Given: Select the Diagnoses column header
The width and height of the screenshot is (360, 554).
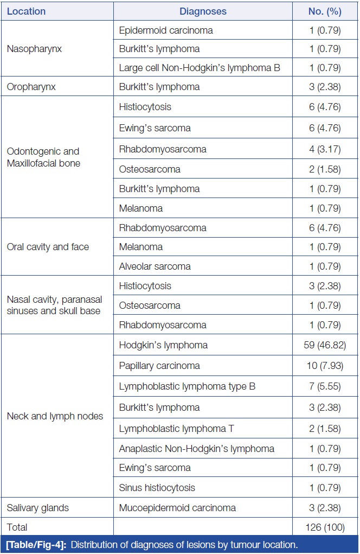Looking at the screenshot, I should click(203, 11).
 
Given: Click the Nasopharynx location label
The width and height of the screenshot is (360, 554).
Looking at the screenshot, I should click(34, 49).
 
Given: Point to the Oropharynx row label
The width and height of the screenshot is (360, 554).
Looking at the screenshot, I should click(32, 87).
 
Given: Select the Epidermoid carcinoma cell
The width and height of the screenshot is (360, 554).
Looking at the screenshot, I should click(166, 30).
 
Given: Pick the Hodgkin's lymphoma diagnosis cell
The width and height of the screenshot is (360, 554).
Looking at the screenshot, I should click(163, 345).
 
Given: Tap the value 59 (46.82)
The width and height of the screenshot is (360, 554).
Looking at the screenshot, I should click(324, 345).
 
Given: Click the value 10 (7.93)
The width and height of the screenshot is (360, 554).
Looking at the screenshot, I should click(324, 366).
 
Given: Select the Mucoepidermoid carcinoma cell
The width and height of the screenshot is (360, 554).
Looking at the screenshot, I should click(177, 508).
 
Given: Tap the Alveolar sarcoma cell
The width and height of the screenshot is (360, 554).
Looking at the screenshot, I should click(155, 266).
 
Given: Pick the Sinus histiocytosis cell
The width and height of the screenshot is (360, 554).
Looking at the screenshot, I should click(157, 487).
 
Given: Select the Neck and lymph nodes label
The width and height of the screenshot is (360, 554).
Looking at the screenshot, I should click(54, 417).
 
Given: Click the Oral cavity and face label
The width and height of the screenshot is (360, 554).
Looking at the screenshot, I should click(48, 247).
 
